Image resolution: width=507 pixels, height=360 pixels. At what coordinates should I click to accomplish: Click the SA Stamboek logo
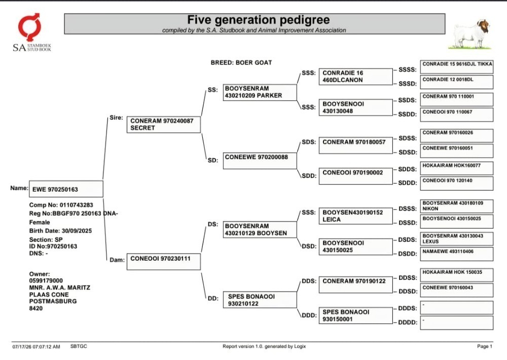point(31,32)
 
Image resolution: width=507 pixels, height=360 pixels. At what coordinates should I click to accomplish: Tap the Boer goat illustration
point(470,34)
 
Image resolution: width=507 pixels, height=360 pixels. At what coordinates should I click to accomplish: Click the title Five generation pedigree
point(259,20)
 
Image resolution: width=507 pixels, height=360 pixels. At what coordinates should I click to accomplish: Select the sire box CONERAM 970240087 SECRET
point(164,125)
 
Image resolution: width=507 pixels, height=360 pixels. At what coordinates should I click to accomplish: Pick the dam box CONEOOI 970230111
point(164,262)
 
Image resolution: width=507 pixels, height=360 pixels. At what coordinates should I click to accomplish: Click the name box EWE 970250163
point(66,189)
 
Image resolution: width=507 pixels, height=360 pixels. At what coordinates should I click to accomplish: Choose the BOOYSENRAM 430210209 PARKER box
point(260,92)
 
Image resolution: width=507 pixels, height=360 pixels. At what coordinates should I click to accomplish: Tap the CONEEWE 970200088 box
point(260,161)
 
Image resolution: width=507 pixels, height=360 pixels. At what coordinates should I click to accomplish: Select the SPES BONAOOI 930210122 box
point(260,300)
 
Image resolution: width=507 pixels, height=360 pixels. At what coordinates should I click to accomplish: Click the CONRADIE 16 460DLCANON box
point(356,77)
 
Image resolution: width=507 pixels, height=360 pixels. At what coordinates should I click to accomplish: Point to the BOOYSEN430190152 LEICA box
point(356,215)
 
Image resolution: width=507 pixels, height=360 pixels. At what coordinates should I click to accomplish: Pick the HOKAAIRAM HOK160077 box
point(457,168)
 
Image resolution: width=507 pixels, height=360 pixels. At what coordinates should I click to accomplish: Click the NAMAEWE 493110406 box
point(457,254)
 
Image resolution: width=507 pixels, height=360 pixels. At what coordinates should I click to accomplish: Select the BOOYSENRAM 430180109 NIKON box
point(457,206)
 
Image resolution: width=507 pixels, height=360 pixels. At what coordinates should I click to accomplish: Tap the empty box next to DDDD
point(457,323)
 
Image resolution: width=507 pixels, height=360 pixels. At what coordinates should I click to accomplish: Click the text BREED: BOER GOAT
point(241,62)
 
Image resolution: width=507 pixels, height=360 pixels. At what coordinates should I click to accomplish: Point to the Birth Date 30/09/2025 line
point(60,231)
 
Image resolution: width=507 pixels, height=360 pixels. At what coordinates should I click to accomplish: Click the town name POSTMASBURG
point(53,301)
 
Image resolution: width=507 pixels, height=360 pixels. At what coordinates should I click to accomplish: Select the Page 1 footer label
point(484,346)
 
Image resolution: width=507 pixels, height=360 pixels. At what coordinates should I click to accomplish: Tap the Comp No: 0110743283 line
point(61,205)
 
